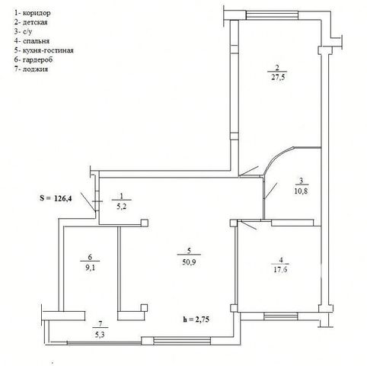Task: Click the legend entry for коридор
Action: tap(33, 13)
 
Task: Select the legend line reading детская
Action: tap(31, 22)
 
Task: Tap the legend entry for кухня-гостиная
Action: tap(44, 50)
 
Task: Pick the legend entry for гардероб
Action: tap(34, 59)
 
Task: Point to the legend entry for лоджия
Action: tap(31, 69)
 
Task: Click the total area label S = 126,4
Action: tap(56, 198)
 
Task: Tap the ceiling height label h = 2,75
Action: tap(196, 319)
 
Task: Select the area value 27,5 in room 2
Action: tap(278, 77)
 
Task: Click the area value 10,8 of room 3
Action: tap(301, 191)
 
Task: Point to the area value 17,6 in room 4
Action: tap(280, 269)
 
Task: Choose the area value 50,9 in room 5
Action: tap(189, 262)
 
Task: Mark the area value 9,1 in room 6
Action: tap(90, 268)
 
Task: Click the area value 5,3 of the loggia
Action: tap(100, 335)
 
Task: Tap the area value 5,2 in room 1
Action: tap(121, 207)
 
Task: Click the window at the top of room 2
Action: tap(272, 14)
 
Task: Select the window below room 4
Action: tap(281, 316)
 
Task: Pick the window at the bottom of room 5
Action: tap(182, 341)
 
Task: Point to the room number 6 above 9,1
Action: tap(90, 257)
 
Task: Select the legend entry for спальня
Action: tap(32, 41)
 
